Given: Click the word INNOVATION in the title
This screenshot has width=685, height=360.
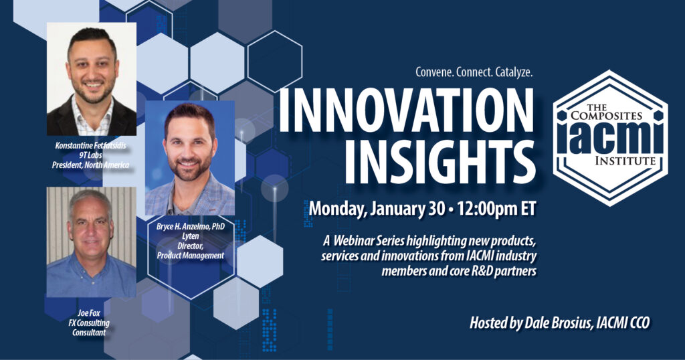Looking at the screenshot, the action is point(406,110).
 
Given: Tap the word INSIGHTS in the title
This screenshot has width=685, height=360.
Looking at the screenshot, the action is point(440,163).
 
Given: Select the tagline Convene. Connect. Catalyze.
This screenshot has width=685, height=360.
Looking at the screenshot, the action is point(474,72).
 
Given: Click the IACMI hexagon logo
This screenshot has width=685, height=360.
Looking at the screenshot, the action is point(610,138).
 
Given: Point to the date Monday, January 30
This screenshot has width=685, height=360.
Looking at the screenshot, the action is point(375,209).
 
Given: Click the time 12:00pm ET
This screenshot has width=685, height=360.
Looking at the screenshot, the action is point(496,208).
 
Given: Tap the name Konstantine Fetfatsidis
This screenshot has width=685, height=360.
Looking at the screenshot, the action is point(90,145).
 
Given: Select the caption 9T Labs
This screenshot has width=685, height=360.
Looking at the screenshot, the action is point(90,155).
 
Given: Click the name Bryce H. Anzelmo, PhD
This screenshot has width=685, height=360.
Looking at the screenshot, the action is point(191,227).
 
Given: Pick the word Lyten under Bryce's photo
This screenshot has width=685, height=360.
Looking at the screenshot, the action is point(190,236).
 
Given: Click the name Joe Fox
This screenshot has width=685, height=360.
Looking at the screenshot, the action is point(89,313).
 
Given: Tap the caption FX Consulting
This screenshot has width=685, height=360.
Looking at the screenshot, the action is point(89,323).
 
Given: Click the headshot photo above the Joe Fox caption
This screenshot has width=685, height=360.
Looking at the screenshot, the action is point(91,242).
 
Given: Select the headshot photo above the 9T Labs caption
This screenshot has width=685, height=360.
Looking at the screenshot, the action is point(91,79).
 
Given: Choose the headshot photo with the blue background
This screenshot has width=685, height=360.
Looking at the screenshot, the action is point(190,158).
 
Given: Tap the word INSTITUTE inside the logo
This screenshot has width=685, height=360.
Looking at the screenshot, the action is point(625,161).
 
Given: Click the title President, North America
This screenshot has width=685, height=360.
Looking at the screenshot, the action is point(90,165).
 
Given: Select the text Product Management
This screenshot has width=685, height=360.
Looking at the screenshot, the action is point(191,256).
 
